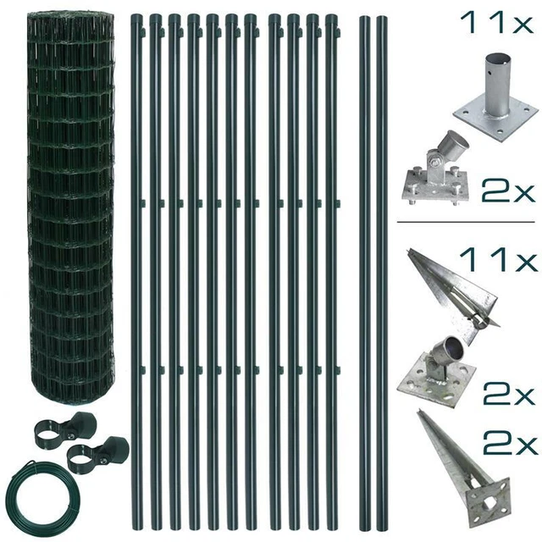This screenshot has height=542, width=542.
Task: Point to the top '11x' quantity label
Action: coord(497,23)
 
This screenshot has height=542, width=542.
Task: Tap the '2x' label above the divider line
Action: coord(508,191)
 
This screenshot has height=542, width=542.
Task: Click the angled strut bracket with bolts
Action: coord(436,169)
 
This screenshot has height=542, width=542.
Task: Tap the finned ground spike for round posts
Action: coord(454,297)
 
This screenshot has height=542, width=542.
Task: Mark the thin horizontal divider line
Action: coord(466,222)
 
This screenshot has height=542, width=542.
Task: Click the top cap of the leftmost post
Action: coord(136,17)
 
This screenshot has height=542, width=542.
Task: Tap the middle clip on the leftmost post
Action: coord(142,203)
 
